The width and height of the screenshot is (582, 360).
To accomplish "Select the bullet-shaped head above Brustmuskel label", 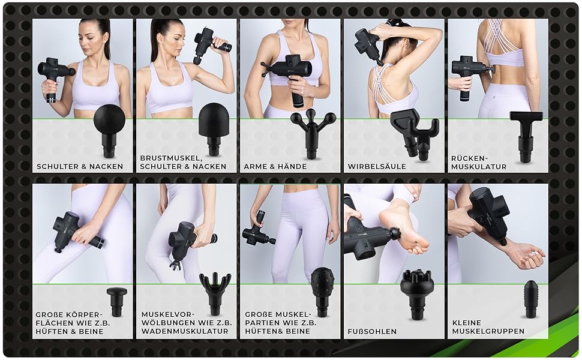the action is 214,128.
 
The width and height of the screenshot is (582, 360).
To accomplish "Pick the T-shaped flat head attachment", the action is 526,136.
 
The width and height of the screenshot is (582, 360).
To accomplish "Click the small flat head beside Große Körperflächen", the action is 116,301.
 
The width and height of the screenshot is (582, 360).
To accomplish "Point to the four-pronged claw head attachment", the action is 215,293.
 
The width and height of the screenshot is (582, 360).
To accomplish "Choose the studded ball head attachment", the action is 323,292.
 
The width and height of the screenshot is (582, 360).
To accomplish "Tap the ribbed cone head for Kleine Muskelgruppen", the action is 530,299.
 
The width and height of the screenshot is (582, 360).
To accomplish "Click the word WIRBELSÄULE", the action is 377,167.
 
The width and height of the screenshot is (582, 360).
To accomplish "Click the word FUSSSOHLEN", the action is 372,331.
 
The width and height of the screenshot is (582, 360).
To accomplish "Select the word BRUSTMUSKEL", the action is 170,158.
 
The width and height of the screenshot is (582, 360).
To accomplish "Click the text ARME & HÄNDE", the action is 275,167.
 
